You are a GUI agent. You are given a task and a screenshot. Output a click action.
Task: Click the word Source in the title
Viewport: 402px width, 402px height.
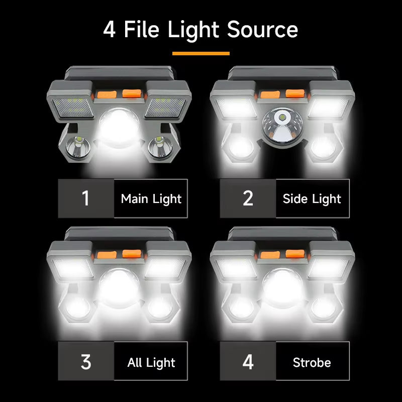point(262,30)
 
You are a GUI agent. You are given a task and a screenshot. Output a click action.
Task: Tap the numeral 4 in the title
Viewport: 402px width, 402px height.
point(109,30)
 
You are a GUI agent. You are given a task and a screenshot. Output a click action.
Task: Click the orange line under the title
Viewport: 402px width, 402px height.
point(200,53)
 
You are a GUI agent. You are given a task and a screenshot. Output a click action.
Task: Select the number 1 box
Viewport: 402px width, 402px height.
point(85,198)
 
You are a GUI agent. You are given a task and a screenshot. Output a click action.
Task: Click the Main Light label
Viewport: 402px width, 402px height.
point(151,198)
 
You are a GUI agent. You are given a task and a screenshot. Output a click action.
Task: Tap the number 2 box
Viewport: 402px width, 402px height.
point(248,198)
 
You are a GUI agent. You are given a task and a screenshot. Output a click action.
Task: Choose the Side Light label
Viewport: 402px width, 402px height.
point(312,198)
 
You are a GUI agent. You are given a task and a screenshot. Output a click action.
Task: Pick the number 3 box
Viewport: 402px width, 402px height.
point(85,362)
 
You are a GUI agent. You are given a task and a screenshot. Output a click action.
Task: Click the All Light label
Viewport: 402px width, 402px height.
point(151,362)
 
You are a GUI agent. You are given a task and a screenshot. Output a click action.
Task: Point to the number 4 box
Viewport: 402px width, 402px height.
point(248,362)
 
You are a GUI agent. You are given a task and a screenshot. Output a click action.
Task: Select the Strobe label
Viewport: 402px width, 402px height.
point(312,362)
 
